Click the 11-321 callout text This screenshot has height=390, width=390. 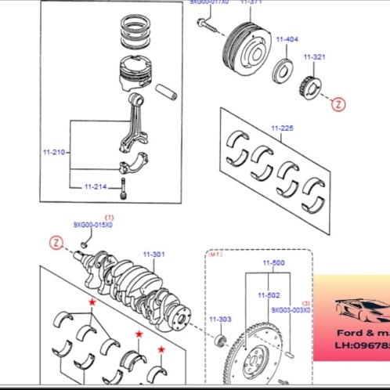pos(315,58)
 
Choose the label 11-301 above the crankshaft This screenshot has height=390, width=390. pos(153,254)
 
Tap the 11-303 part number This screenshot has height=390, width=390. pos(220,320)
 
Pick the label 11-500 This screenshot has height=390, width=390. pos(273,263)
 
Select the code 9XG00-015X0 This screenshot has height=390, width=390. pos(93,225)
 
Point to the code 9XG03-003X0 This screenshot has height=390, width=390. pos(291,309)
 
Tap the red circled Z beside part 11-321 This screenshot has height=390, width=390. pos(338,103)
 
